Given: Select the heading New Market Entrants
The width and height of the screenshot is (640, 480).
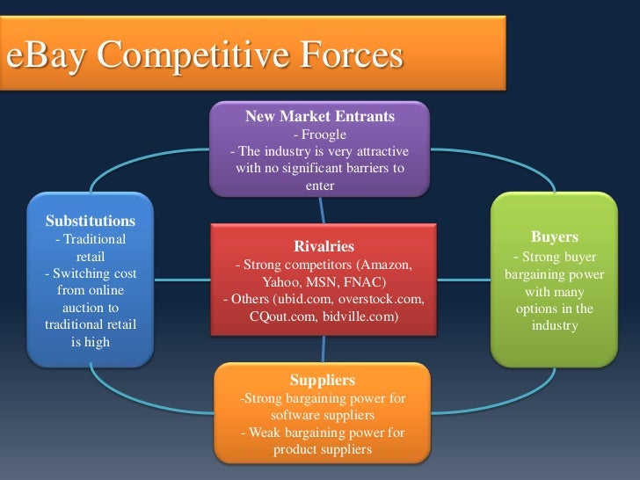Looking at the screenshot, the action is tap(319, 116).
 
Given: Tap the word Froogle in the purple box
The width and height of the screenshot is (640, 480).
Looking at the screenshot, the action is tap(319, 135).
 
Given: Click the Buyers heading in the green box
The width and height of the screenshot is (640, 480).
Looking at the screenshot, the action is tap(555, 237).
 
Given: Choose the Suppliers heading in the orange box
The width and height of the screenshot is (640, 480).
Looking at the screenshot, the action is tap(323, 381).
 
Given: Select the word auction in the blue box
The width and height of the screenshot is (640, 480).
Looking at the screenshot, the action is tap(84, 308).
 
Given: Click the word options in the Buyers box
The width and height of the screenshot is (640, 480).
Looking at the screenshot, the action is tap(542, 309).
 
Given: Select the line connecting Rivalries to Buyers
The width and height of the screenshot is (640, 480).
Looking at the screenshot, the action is tap(463, 280).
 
